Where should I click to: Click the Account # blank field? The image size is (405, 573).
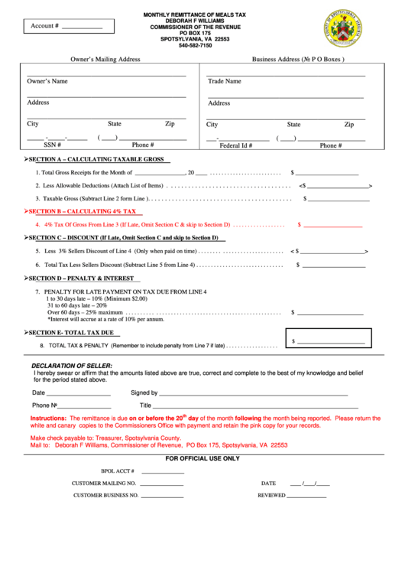pos(81,27)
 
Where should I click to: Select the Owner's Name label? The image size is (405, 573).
pos(47,81)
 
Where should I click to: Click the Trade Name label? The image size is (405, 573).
pos(224,81)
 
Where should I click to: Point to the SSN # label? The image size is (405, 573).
pos(52,145)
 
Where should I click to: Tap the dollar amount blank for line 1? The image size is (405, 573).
pos(326,173)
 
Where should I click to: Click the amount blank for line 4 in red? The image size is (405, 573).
pos(332,225)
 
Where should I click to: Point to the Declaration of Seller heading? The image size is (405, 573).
pos(72,366)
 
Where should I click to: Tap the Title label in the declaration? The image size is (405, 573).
pos(145,405)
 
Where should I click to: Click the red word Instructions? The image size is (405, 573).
pos(48,418)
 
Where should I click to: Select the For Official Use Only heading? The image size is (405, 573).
pos(202,458)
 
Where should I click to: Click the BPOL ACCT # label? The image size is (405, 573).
pos(118,471)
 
